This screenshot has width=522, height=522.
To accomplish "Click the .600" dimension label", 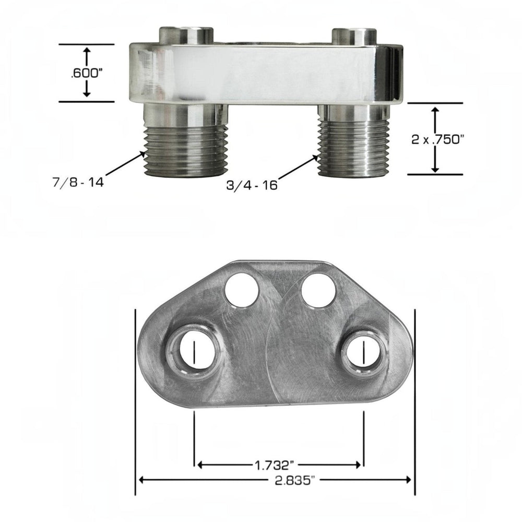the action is coord(85,74).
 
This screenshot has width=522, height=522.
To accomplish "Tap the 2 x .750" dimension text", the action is coord(437,139).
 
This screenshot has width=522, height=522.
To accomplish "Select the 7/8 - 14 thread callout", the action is coord(78,182).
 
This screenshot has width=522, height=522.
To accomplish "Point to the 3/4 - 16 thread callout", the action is coord(252,185).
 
